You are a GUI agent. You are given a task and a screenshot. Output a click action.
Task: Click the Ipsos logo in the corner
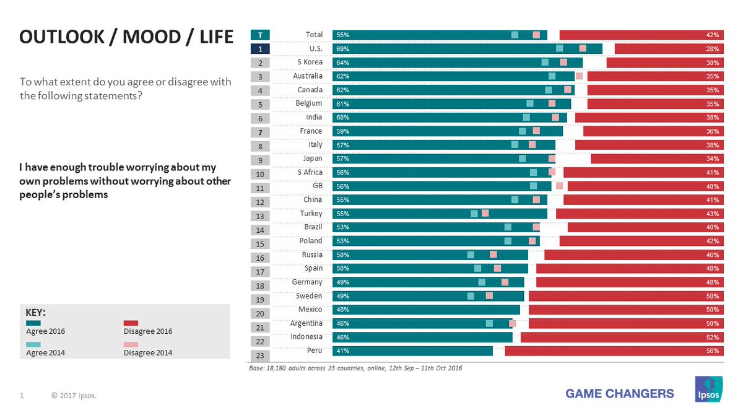(x=707, y=388)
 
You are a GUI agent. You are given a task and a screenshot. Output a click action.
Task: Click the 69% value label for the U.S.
(x=343, y=49)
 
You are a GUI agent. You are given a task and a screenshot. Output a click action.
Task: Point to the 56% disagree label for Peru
(x=712, y=351)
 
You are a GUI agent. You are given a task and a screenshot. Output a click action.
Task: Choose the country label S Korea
(x=310, y=62)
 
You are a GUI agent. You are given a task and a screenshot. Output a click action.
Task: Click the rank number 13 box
(x=260, y=216)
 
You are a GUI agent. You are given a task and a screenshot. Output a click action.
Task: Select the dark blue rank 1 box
(x=260, y=49)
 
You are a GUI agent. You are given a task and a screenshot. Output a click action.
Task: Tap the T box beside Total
(x=260, y=35)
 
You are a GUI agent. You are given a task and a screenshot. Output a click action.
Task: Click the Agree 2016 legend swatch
(x=33, y=323)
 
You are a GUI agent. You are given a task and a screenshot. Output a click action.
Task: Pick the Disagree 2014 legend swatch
(x=131, y=344)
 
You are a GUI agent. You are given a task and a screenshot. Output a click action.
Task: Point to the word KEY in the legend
(x=35, y=312)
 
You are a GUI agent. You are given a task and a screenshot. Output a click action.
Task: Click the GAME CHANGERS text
(x=620, y=393)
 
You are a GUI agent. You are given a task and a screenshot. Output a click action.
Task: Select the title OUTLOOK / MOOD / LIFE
(x=126, y=38)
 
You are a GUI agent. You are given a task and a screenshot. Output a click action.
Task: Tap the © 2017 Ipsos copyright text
(x=74, y=394)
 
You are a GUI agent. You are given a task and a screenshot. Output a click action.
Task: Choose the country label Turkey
(x=311, y=213)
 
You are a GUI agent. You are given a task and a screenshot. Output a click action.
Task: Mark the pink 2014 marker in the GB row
(x=560, y=186)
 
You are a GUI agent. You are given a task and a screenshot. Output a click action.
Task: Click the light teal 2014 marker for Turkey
(x=474, y=214)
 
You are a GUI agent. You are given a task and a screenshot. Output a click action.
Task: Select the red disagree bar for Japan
(x=657, y=159)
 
